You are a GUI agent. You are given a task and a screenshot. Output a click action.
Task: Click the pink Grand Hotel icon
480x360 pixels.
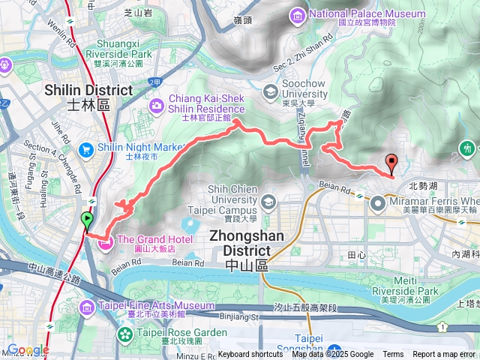pyautogui.click(x=104, y=241)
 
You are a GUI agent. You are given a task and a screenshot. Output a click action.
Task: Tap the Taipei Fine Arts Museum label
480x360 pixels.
pyautogui.click(x=157, y=306)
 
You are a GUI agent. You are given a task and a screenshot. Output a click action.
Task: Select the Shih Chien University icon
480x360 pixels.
pyautogui.click(x=269, y=202)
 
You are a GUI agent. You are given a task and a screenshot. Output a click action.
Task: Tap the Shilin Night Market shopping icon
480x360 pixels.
pyautogui.click(x=88, y=148)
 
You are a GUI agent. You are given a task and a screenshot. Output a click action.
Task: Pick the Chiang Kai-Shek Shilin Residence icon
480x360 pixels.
pyautogui.click(x=157, y=103)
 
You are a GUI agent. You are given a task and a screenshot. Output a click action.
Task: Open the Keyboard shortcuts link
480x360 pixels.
pyautogui.click(x=250, y=355)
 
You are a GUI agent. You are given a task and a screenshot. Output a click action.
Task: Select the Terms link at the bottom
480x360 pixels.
pyautogui.click(x=393, y=355)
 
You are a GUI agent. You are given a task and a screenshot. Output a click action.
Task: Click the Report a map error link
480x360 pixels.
pyautogui.click(x=445, y=355)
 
